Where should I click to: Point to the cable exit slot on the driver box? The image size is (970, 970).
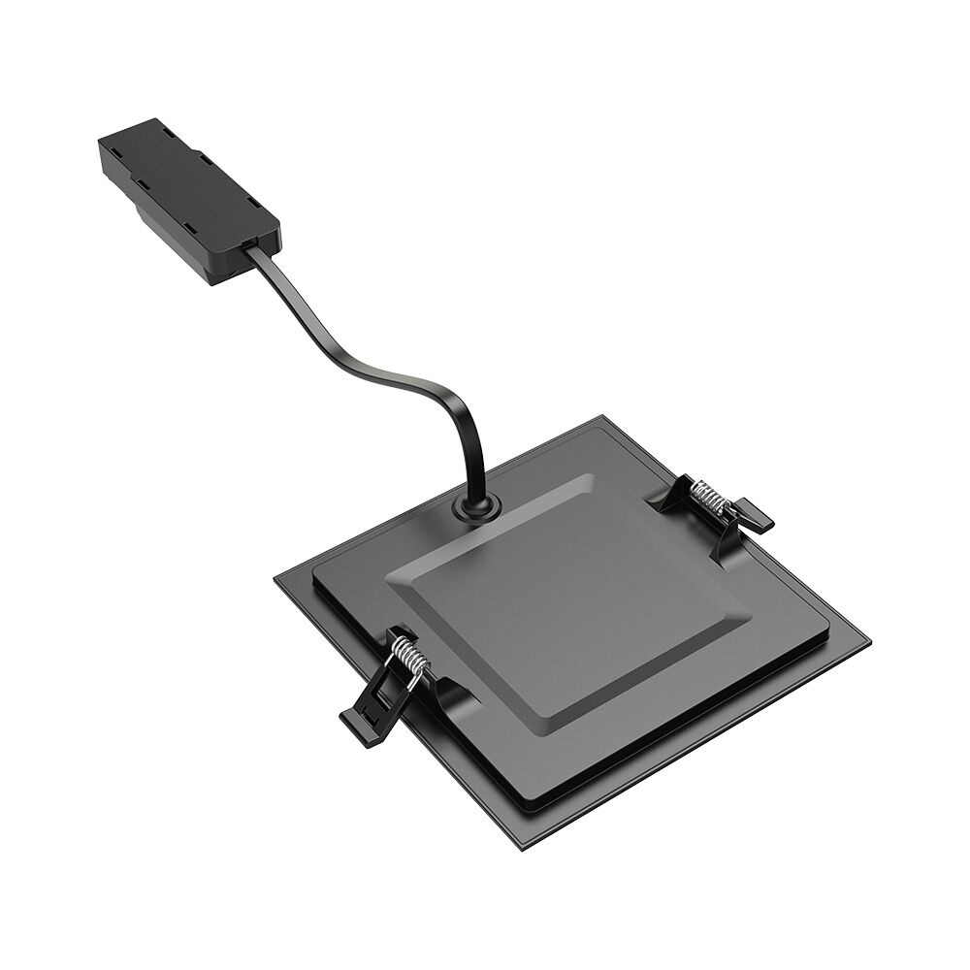tap(254, 244)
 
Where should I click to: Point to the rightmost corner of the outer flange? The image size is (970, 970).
tap(869, 644)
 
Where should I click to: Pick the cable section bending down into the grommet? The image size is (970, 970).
tap(475, 456)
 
